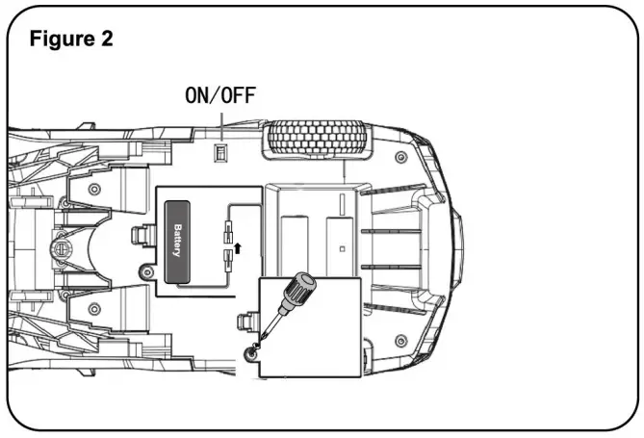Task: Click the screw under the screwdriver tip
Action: click(252, 354)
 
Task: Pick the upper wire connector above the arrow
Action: click(227, 230)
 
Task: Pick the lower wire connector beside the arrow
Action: click(227, 259)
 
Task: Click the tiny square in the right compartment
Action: click(342, 248)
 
